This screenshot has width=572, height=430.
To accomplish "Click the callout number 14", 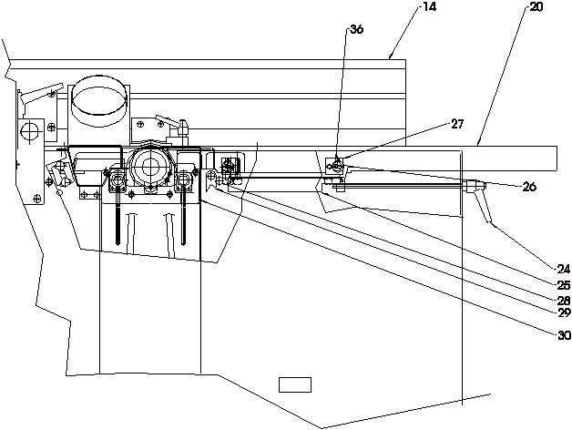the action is [429, 6].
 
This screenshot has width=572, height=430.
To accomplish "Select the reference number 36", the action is [356, 29].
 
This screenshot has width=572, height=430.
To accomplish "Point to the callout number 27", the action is [457, 124].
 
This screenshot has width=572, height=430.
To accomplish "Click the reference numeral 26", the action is [530, 187].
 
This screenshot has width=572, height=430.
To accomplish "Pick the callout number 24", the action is [564, 270].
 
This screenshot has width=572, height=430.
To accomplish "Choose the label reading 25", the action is [564, 285].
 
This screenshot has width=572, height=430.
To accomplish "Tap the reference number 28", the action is [564, 300].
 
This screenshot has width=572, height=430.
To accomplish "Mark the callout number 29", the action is [564, 312].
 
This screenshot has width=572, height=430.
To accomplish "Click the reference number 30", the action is [564, 335].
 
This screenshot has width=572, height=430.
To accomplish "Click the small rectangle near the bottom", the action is [295, 384].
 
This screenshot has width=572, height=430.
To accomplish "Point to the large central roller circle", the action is [148, 168].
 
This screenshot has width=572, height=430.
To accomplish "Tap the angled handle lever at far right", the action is [484, 204].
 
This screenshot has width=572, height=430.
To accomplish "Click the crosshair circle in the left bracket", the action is [29, 131].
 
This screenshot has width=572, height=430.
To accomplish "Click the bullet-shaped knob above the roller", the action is [183, 127].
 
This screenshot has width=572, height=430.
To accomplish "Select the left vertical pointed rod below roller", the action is [117, 211].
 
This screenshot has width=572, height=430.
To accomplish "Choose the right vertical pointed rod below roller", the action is [183, 211].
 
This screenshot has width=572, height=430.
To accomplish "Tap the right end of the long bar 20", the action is [557, 159].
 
